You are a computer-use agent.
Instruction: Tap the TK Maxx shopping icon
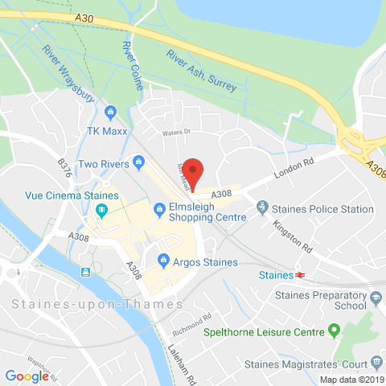(x=111, y=113)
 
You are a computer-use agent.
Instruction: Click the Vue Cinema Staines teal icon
(x=101, y=211)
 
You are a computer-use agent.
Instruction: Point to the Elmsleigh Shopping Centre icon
(x=157, y=211)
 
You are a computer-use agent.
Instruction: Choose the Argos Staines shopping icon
(x=163, y=261)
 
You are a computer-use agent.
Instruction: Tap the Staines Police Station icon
(x=262, y=209)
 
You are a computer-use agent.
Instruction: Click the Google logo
(x=27, y=375)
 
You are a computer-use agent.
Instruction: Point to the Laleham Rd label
(x=179, y=355)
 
